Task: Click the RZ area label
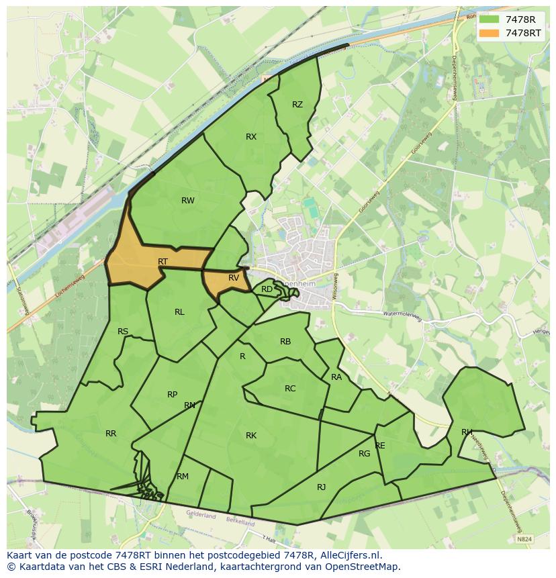pyautogui.click(x=297, y=105)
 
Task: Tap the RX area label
pyautogui.click(x=251, y=137)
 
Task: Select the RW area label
pyautogui.click(x=188, y=201)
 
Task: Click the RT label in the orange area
pyautogui.click(x=163, y=262)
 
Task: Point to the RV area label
pyautogui.click(x=234, y=278)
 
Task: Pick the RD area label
pyautogui.click(x=267, y=290)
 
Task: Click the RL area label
pyautogui.click(x=179, y=312)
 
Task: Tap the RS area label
pyautogui.click(x=123, y=332)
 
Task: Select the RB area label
pyautogui.click(x=285, y=342)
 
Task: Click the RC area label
pyautogui.click(x=290, y=389)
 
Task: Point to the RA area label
pyautogui.click(x=336, y=377)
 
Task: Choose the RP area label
pyautogui.click(x=173, y=395)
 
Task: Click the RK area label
pyautogui.click(x=251, y=436)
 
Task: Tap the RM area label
pyautogui.click(x=183, y=477)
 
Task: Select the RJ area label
pyautogui.click(x=321, y=487)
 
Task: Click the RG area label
pyautogui.click(x=364, y=454)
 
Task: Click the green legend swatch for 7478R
pyautogui.click(x=490, y=19)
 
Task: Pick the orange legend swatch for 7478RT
pyautogui.click(x=490, y=33)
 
